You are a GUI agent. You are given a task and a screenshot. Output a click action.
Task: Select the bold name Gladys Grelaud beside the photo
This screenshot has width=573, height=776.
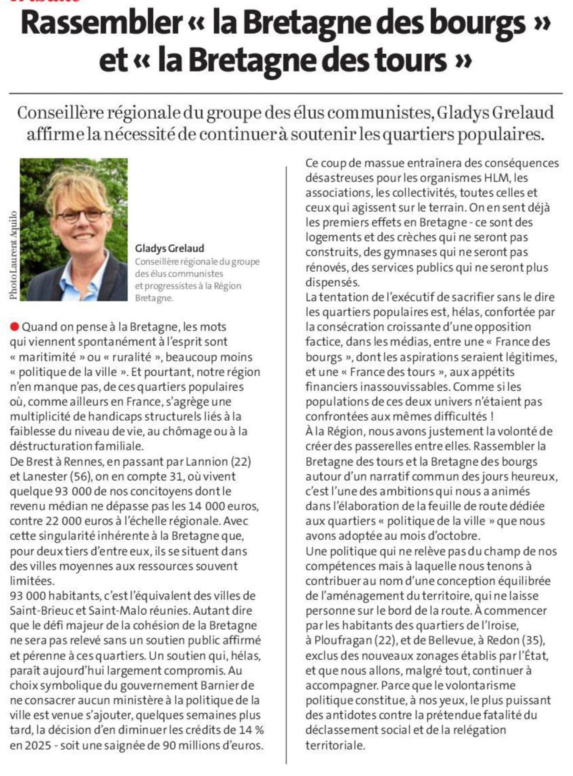(x=170, y=249)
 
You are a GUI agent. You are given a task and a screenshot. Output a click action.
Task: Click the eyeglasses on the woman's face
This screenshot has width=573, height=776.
(x=81, y=216)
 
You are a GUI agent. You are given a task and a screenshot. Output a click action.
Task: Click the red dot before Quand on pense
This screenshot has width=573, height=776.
(x=14, y=326)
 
